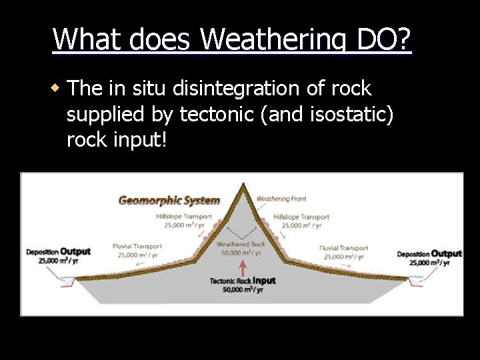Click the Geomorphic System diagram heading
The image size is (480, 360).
click(x=169, y=200)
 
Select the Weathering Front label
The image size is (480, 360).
click(x=281, y=199)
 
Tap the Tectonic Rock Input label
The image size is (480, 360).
click(x=243, y=281)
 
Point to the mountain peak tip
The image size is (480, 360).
click(x=243, y=184)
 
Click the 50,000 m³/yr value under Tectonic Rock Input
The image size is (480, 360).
click(x=243, y=289)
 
